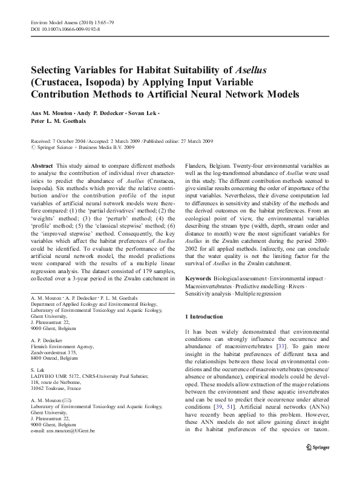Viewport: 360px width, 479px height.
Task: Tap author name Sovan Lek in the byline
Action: tap(142, 113)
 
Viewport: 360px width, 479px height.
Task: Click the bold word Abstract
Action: tap(42, 165)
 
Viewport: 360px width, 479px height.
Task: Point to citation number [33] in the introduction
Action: tap(283, 346)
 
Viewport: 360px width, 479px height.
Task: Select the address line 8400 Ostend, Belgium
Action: tap(56, 356)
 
